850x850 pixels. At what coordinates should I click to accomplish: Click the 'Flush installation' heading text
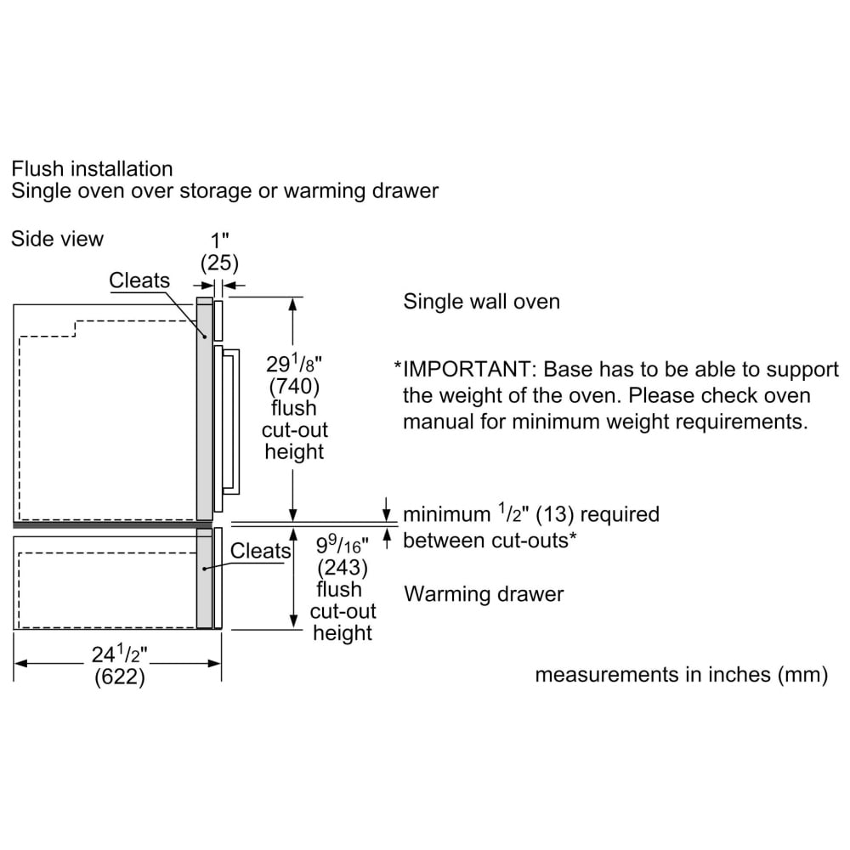click(x=92, y=169)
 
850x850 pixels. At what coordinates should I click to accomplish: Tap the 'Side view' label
click(x=58, y=239)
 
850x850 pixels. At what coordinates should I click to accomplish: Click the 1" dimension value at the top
click(x=219, y=241)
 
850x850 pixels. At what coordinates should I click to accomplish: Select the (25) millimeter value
click(x=219, y=263)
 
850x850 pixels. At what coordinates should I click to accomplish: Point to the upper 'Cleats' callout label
click(x=139, y=280)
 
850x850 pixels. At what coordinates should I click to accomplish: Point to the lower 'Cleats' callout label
click(x=261, y=551)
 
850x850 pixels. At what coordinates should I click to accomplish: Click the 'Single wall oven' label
click(x=481, y=302)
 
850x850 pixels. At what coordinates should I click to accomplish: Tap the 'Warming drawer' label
click(x=484, y=594)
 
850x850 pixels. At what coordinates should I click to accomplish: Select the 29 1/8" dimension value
click(x=294, y=364)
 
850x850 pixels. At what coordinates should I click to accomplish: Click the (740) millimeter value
click(x=294, y=387)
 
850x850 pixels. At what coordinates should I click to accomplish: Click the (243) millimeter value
click(x=343, y=568)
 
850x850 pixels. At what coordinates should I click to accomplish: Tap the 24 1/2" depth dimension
click(x=119, y=654)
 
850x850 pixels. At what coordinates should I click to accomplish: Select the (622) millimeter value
click(x=119, y=677)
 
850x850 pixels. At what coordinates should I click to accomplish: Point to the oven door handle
click(x=233, y=422)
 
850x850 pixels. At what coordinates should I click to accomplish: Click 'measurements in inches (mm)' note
click(x=682, y=675)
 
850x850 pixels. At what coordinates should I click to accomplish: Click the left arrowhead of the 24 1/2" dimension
click(x=20, y=663)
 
